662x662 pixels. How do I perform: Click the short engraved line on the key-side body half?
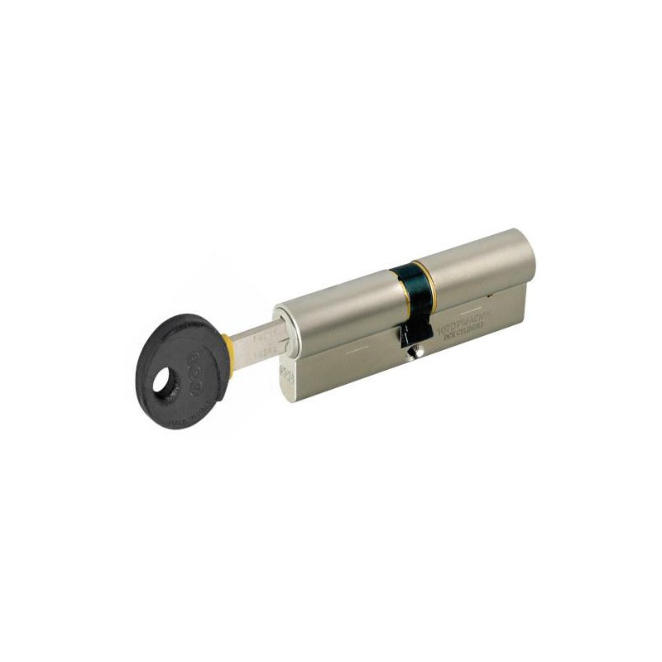353,350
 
